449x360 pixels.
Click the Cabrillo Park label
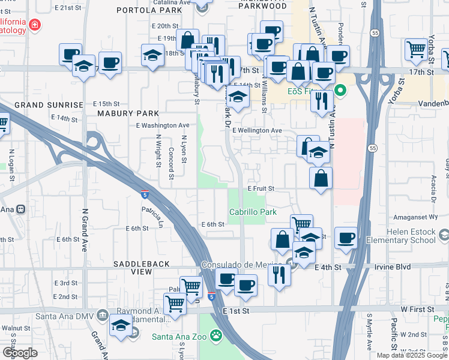(253, 212)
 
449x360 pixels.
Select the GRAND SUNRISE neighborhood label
(49, 104)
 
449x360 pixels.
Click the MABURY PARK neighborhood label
(128, 113)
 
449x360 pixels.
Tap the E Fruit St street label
(261, 188)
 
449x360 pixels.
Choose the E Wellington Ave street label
(257, 130)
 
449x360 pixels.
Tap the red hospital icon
(35, 25)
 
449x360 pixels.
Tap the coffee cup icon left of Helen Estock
(346, 237)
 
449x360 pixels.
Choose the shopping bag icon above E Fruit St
(321, 177)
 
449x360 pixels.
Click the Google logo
(20, 353)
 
